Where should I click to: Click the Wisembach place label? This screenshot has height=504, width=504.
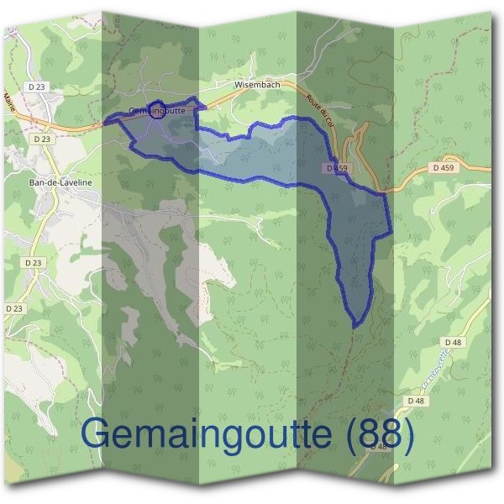[257, 85]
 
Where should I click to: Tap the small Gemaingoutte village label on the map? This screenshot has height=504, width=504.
[157, 111]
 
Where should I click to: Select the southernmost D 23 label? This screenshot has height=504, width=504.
[14, 308]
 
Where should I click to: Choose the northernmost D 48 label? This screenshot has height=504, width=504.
[454, 342]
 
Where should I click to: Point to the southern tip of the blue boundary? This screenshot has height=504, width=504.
[356, 324]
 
